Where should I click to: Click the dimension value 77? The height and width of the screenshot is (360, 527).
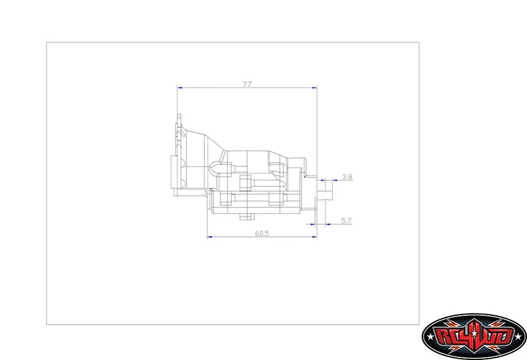[x=247, y=84]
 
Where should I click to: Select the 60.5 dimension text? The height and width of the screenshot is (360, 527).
[x=262, y=233]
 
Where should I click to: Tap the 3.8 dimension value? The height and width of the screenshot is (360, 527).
[x=347, y=176]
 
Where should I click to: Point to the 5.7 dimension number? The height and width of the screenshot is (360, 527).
[x=346, y=220]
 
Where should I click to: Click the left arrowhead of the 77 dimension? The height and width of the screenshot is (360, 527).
[x=180, y=88]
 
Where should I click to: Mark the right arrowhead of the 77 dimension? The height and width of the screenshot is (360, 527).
[x=315, y=88]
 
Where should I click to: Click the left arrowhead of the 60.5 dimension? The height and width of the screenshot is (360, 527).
[x=210, y=237]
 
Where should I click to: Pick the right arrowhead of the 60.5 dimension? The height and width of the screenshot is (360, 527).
[x=315, y=237]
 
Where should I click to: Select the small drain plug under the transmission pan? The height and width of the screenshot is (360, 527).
[x=246, y=217]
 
